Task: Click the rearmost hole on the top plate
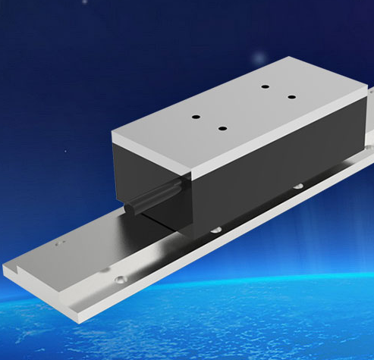(x=265, y=86)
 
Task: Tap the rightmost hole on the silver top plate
(x=291, y=96)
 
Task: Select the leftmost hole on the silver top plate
(x=195, y=117)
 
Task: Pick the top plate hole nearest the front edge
(x=222, y=127)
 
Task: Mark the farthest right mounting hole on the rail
(x=297, y=186)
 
